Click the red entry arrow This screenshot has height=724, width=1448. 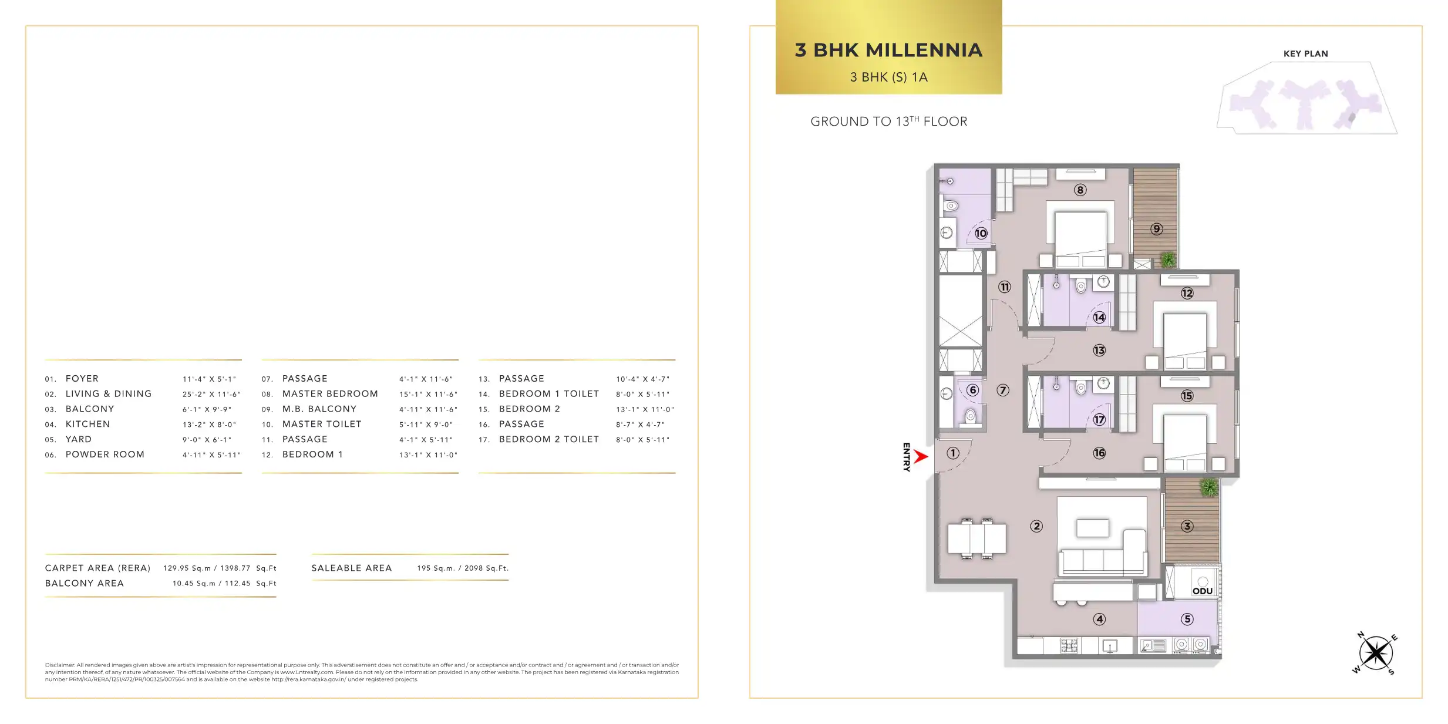(x=921, y=456)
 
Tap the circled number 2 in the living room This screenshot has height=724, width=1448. (x=1036, y=526)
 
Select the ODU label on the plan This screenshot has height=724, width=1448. (x=1203, y=591)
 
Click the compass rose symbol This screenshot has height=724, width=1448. (x=1375, y=653)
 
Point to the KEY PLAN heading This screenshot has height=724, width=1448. (x=1305, y=53)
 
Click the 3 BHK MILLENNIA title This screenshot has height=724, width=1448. (x=888, y=50)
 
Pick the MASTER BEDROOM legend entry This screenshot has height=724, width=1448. (x=330, y=394)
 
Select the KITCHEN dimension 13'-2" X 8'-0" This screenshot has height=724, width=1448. (x=209, y=425)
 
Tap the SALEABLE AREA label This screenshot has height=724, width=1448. (x=352, y=568)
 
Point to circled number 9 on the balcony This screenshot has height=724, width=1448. (x=1156, y=229)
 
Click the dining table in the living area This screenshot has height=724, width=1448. (x=976, y=538)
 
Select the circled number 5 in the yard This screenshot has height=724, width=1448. (x=1187, y=619)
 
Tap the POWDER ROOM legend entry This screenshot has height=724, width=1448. (x=105, y=454)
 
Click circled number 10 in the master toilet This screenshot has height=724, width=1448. (x=981, y=233)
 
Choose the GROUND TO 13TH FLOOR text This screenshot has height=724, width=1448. (x=889, y=121)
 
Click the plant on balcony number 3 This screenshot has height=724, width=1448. (x=1209, y=487)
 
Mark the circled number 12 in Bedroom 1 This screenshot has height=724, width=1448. (x=1187, y=293)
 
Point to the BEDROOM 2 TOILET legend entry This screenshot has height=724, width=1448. (x=549, y=439)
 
